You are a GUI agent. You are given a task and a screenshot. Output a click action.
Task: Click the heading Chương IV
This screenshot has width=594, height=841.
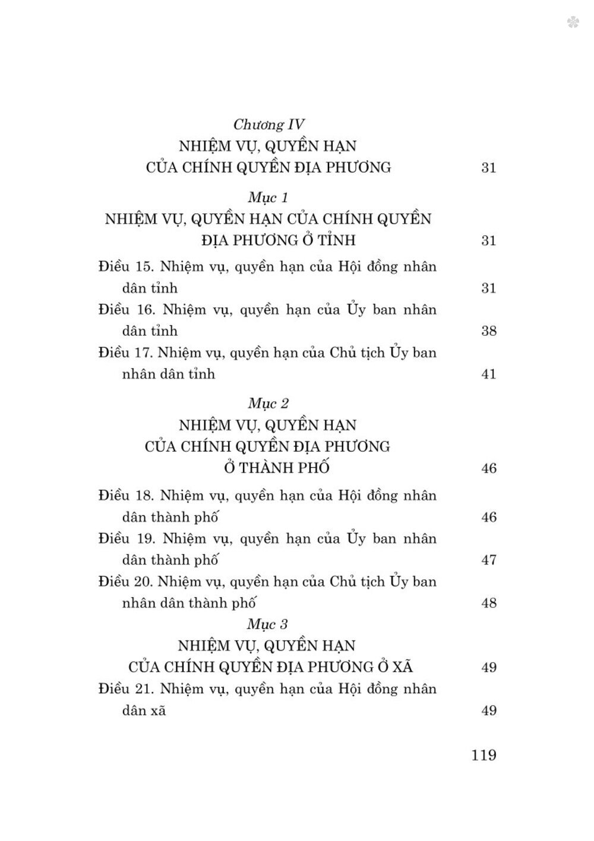tap(268, 124)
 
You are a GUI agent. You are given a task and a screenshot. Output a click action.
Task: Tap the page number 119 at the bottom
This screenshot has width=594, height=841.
tap(484, 755)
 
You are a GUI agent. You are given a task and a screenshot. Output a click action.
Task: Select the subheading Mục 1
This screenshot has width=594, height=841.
tap(268, 197)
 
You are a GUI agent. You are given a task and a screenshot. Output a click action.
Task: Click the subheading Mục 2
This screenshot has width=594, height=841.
tap(268, 404)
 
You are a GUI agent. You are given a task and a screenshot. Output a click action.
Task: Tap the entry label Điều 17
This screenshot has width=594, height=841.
tap(125, 352)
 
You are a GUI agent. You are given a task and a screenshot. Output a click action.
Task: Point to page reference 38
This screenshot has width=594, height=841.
tap(488, 331)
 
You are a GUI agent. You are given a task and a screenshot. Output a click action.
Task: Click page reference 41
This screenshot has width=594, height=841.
tap(488, 374)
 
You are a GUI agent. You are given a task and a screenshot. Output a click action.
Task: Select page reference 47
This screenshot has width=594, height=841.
tap(488, 560)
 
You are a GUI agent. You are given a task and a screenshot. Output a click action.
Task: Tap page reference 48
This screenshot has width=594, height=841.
tap(488, 603)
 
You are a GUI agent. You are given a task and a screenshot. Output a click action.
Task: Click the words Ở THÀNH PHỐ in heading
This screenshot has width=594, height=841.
tap(276, 468)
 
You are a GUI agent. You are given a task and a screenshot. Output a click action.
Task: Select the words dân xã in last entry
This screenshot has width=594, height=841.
tap(144, 710)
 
